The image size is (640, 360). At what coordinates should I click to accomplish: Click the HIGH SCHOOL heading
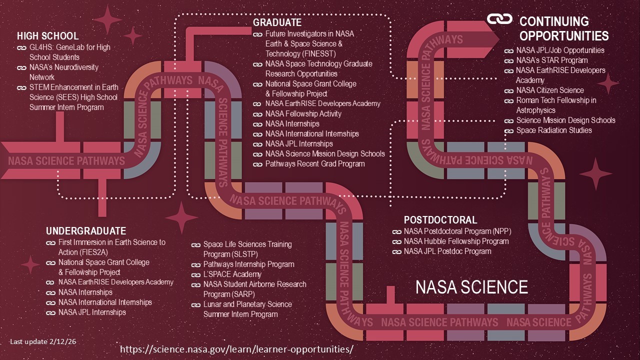47,36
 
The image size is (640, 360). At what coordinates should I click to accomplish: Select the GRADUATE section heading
277,22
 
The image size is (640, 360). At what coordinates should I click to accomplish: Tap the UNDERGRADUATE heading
86,231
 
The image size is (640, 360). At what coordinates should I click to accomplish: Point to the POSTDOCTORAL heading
440,220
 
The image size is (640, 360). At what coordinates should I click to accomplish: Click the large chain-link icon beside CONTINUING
500,19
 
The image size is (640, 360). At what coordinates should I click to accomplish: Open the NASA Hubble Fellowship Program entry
456,241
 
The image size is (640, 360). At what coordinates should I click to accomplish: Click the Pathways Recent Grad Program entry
315,164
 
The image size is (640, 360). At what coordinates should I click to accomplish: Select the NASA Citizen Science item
550,90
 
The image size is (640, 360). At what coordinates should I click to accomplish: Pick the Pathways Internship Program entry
248,264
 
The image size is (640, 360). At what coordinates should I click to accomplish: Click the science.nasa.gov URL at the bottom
236,349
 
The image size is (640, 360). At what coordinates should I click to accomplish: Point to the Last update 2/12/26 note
43,341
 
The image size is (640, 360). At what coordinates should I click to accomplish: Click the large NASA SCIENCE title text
471,287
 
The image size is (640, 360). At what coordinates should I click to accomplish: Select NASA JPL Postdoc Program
447,251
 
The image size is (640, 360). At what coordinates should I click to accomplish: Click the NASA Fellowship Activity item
303,114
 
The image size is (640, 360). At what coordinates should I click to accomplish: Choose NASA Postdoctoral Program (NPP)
457,231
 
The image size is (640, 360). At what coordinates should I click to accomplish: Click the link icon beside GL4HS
21,47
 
